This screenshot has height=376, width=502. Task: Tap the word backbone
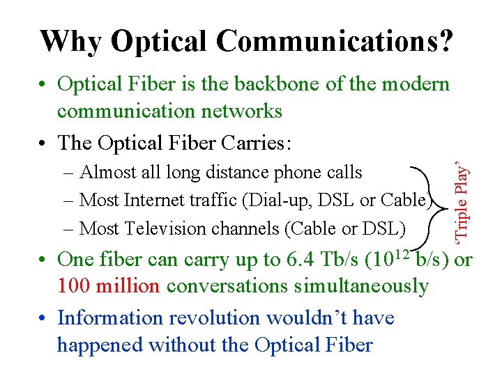coord(265,84)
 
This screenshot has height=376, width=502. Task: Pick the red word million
coord(131,285)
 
